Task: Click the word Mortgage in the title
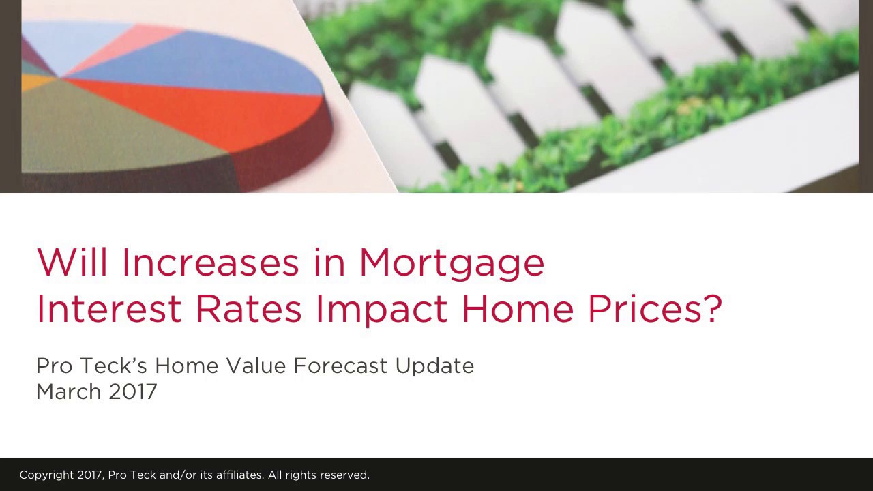point(452,263)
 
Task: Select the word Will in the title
point(72,263)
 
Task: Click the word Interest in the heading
point(108,309)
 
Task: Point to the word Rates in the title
point(248,309)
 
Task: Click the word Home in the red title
point(517,309)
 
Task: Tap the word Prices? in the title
point(654,309)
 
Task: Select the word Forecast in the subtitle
point(340,366)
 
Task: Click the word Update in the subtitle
point(434,367)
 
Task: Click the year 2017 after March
point(133,391)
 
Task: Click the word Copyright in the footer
point(46,475)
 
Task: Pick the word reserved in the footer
point(344,475)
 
